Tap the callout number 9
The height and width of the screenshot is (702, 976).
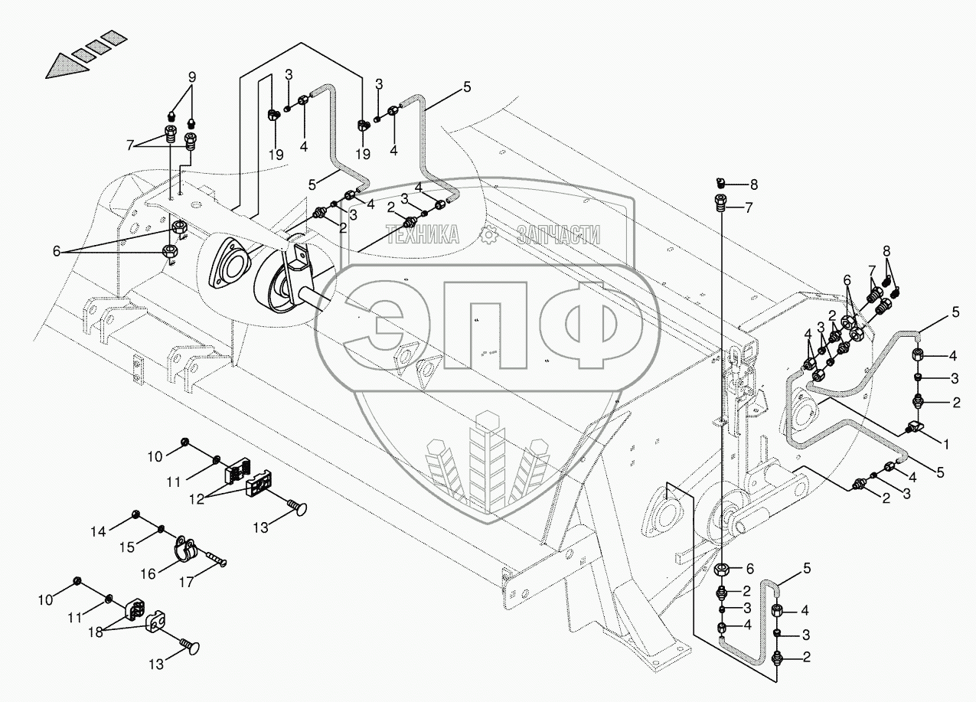pyautogui.click(x=191, y=77)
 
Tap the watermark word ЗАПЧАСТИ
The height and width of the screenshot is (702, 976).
pyautogui.click(x=558, y=235)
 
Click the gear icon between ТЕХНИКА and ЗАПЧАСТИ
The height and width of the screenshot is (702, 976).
pyautogui.click(x=488, y=235)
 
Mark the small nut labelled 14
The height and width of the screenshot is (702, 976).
pyautogui.click(x=135, y=513)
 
